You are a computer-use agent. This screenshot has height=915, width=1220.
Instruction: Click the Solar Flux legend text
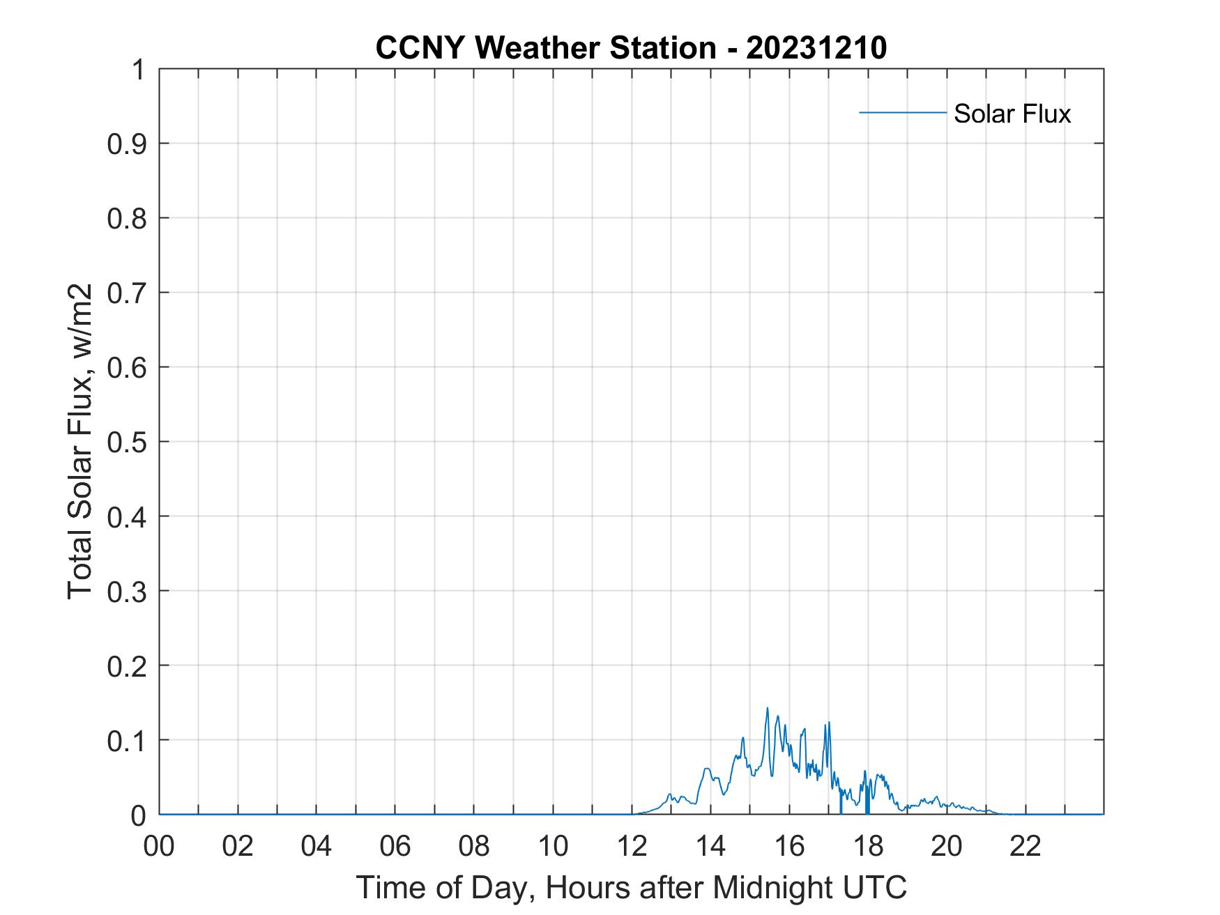tap(1012, 114)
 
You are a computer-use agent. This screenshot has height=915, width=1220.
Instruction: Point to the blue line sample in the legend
tap(902, 112)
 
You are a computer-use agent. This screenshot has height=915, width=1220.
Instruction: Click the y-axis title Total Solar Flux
tap(80, 442)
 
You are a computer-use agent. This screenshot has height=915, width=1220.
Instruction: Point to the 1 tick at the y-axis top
tap(139, 70)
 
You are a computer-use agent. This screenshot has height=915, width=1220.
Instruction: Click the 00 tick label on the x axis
tap(159, 846)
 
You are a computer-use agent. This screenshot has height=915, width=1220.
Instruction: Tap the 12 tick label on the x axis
tap(632, 846)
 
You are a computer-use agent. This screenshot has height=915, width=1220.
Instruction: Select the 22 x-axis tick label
tap(1025, 846)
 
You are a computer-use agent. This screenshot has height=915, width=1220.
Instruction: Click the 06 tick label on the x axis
tap(395, 846)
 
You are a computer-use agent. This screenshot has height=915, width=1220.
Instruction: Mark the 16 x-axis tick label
tap(789, 846)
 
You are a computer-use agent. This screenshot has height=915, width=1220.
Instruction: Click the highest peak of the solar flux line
tap(768, 709)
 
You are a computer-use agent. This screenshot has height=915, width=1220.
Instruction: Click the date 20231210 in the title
tap(816, 48)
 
